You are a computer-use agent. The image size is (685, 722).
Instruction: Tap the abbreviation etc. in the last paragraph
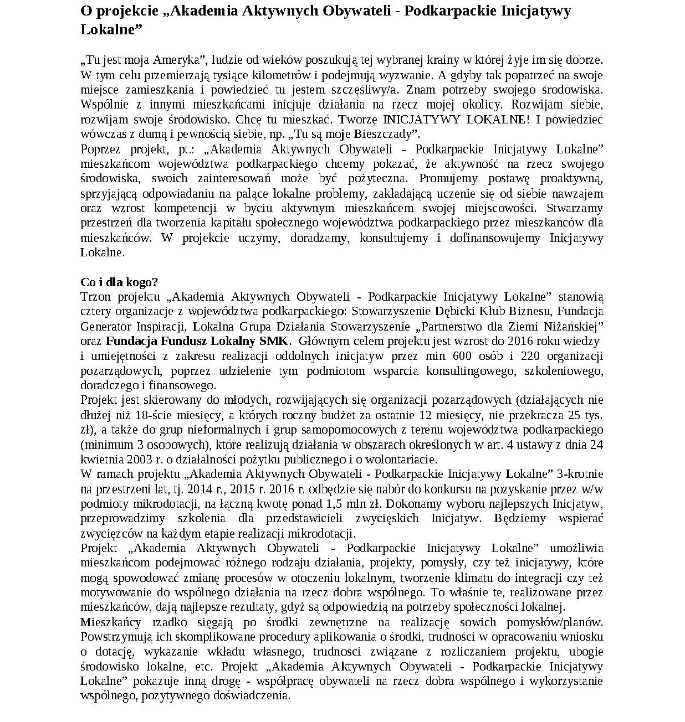[x=203, y=666]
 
